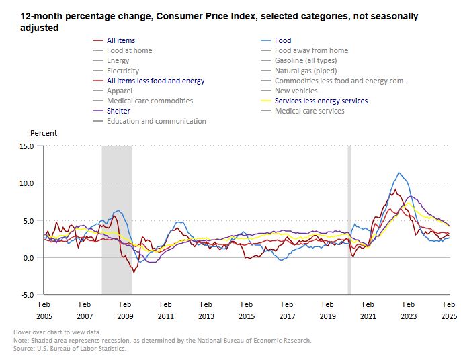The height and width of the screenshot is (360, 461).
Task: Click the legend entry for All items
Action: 121,40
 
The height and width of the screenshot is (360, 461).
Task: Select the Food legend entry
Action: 283,40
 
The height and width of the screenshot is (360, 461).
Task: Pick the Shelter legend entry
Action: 118,111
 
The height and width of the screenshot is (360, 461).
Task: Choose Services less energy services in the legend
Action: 321,101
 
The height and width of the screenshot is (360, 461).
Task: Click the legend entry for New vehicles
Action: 296,91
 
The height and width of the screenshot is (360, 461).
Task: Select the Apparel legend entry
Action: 120,91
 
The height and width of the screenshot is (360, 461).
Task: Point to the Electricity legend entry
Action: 123,71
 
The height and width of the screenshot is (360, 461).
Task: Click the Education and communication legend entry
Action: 156,121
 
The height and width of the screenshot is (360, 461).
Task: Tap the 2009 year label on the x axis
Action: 125,315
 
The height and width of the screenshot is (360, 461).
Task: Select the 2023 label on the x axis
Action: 408,315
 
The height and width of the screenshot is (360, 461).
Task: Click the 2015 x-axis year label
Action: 246,315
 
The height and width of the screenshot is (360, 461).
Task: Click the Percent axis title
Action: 44,133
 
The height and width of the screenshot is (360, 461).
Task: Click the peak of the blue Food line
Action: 399,173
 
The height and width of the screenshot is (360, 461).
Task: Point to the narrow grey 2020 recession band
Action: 349,220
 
